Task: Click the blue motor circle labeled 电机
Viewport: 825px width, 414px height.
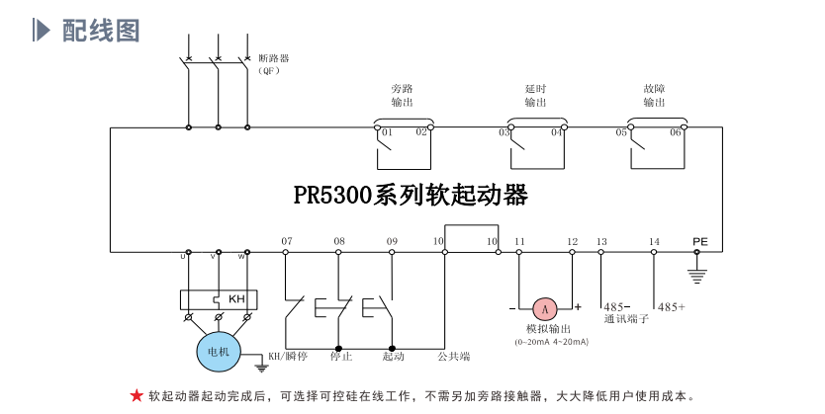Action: click(x=217, y=351)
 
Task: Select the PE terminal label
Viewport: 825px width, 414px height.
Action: click(x=700, y=241)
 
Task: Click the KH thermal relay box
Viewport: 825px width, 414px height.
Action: click(x=219, y=298)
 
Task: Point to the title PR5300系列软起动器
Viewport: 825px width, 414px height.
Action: click(x=411, y=195)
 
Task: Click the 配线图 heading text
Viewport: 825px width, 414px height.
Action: click(x=101, y=31)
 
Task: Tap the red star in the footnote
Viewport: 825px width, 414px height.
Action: click(x=137, y=396)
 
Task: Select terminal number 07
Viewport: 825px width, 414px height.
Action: click(x=287, y=241)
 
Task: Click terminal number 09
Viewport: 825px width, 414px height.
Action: click(x=392, y=241)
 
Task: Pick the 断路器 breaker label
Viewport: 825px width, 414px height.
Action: click(x=273, y=58)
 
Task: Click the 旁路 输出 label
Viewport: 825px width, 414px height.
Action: click(x=402, y=95)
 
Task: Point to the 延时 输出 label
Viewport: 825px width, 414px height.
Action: click(x=535, y=95)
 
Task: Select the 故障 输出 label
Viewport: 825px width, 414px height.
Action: click(x=654, y=95)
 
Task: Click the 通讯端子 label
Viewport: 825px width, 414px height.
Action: click(x=626, y=319)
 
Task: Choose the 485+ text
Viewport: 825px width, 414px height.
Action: click(x=672, y=307)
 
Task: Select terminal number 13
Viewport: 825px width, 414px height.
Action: click(x=601, y=241)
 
